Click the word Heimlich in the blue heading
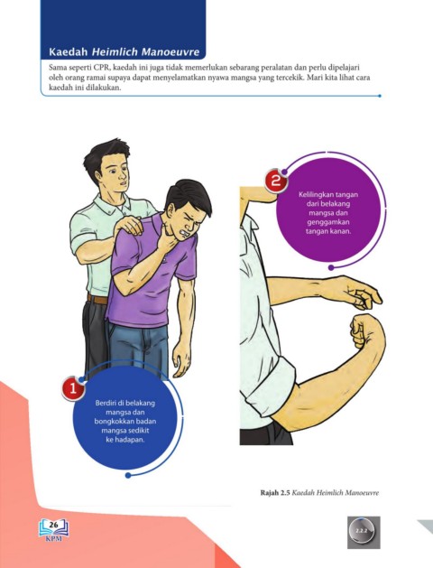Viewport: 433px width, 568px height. point(115,51)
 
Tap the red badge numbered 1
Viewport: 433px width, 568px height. point(73,388)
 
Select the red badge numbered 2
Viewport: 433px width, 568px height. point(276,181)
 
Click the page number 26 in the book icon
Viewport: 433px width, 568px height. point(53,525)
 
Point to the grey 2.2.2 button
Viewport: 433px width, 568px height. point(364,532)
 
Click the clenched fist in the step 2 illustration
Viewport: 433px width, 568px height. point(362,331)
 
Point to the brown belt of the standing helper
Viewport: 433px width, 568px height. point(97,299)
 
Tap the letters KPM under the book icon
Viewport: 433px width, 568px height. point(54,538)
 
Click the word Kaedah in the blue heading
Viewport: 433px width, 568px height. point(69,51)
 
